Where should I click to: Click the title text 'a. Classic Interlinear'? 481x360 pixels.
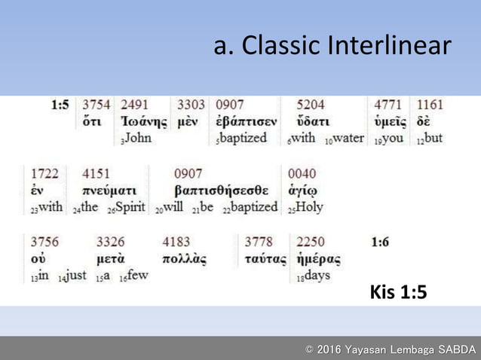[x=332, y=46]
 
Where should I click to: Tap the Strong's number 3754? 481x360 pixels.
[x=97, y=105]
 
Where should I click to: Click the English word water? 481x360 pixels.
[x=348, y=138]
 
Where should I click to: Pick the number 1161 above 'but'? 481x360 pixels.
[x=430, y=105]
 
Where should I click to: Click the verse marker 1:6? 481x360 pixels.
[x=381, y=242]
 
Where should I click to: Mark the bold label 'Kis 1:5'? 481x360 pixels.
[x=398, y=291]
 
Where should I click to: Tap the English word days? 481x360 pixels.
[x=317, y=276]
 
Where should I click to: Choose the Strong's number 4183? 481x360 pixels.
[x=177, y=242]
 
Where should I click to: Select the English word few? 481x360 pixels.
[x=136, y=276]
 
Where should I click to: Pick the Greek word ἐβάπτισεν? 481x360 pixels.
[x=246, y=122]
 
